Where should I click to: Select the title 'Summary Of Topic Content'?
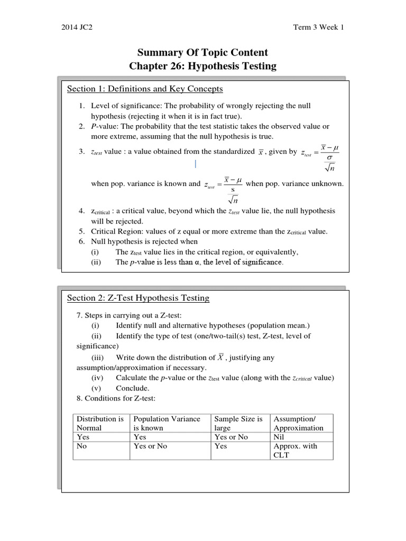(203, 52)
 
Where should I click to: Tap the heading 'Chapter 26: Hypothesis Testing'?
(203, 66)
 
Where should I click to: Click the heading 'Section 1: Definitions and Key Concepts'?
(145, 88)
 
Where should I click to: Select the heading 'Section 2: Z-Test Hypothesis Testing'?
(138, 298)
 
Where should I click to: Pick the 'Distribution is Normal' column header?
(100, 423)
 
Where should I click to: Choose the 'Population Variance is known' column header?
(167, 423)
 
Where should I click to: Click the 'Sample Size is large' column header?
(238, 423)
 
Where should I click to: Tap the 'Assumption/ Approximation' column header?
(298, 423)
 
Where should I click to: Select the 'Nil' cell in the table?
(279, 437)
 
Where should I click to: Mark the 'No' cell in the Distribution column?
(82, 446)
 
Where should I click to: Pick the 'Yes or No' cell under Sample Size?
(231, 437)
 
